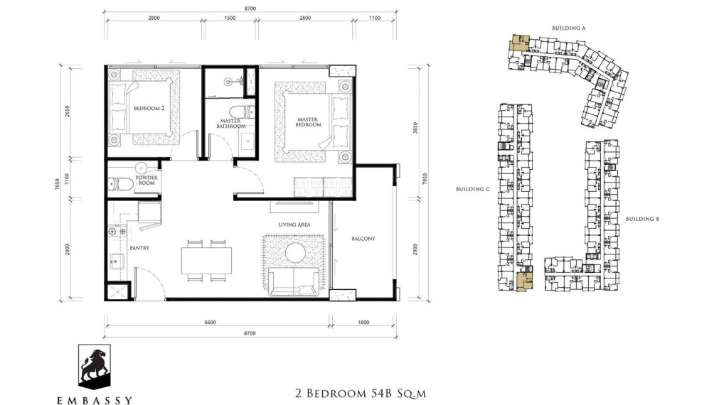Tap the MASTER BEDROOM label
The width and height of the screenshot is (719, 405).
pyautogui.click(x=309, y=121)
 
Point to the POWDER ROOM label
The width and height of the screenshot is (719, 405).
pyautogui.click(x=147, y=180)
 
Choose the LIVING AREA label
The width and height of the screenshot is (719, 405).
pyautogui.click(x=294, y=225)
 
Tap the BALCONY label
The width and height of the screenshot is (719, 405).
pyautogui.click(x=363, y=239)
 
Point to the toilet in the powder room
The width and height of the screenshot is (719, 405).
pyautogui.click(x=120, y=184)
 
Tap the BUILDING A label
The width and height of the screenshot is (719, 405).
pyautogui.click(x=568, y=28)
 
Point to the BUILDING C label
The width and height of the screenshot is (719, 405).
pyautogui.click(x=473, y=190)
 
